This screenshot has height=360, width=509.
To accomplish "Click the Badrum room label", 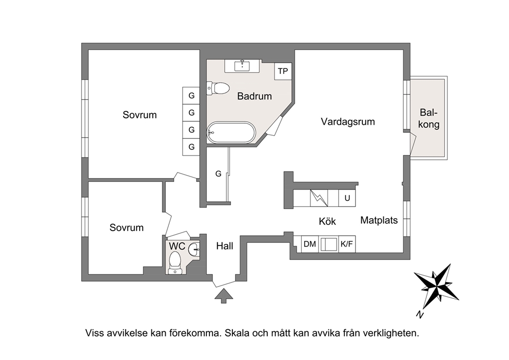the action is click(x=254, y=96).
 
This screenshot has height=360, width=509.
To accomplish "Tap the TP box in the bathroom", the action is click(x=283, y=71).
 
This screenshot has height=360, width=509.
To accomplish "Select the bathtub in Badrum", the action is click(x=231, y=132).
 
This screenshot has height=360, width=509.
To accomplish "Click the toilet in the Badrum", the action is click(x=218, y=88).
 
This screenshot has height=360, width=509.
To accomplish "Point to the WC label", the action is click(x=177, y=246).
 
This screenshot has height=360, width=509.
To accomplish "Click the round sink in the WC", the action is click(x=194, y=250).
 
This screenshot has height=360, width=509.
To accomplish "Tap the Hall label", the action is click(x=225, y=247).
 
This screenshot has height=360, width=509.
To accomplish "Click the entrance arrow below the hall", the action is click(x=224, y=295).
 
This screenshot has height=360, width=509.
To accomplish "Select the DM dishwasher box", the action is click(x=310, y=244).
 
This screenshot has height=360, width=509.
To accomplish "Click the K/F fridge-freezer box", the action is click(x=347, y=244).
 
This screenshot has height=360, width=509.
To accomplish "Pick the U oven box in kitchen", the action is click(x=347, y=198).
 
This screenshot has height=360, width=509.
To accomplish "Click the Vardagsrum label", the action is click(x=348, y=122).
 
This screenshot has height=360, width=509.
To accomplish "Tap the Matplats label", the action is click(x=379, y=220).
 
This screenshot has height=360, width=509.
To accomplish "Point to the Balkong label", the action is click(x=428, y=119).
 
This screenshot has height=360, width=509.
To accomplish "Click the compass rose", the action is click(x=437, y=286).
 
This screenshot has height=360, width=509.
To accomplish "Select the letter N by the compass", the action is click(x=420, y=314).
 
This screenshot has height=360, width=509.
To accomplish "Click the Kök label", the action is click(x=327, y=221).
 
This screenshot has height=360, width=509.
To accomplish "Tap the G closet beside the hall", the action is click(x=218, y=174).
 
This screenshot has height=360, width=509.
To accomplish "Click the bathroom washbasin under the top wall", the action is click(x=242, y=66).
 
